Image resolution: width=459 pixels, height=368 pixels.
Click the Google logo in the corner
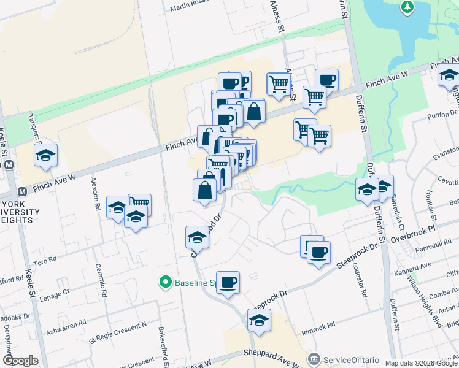click(x=20, y=361)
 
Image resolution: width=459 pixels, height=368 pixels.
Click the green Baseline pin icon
click(x=165, y=283)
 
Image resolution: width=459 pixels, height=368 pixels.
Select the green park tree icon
click(x=406, y=7)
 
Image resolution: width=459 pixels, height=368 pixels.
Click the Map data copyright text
click(x=421, y=362)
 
